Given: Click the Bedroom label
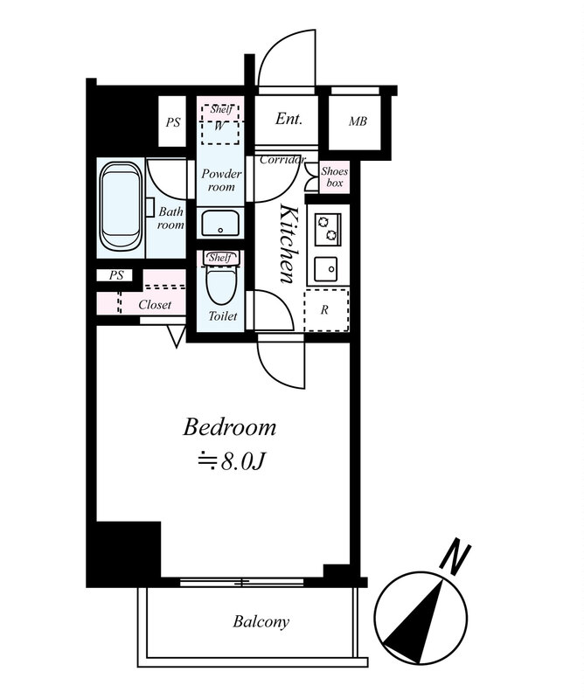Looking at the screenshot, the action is (230, 426).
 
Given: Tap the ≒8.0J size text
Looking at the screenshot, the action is (232, 462).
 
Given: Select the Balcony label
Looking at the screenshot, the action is (261, 621).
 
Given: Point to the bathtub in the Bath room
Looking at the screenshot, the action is (121, 205).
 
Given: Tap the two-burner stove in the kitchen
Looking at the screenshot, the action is (328, 229).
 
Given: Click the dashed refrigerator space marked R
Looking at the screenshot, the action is (326, 310).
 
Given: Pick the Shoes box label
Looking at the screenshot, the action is (335, 177).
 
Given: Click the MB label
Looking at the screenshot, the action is (358, 121).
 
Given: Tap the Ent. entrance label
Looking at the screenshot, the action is (289, 119).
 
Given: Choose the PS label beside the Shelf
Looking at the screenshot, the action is (172, 122).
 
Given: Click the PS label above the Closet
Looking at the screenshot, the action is (116, 275).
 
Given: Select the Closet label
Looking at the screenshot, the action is (155, 305).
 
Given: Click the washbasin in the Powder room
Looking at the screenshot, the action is (220, 223).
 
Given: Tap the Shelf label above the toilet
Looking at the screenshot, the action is (220, 257).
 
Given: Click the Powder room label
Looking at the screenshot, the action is (221, 180).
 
